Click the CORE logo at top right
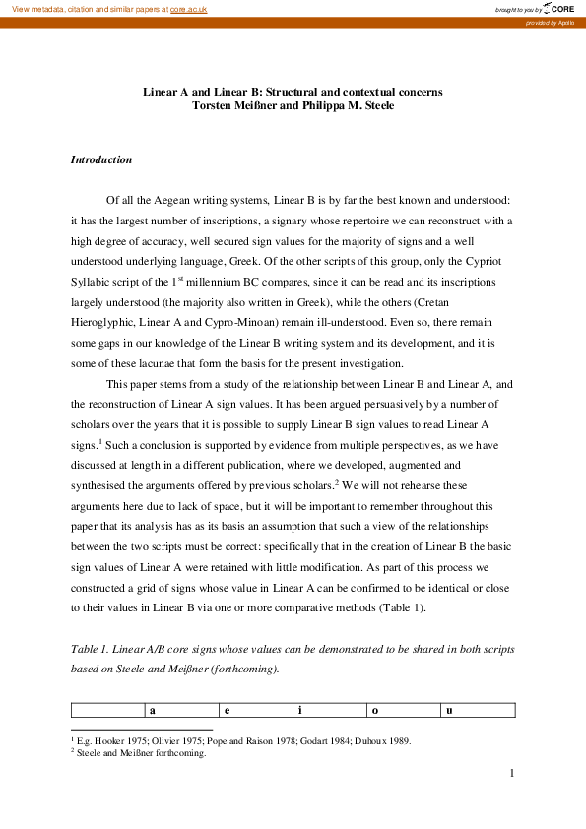[x=559, y=9]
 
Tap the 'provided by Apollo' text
[x=556, y=22]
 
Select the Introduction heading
[x=101, y=159]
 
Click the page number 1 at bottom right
[x=512, y=774]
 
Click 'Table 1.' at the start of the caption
[x=93, y=650]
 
